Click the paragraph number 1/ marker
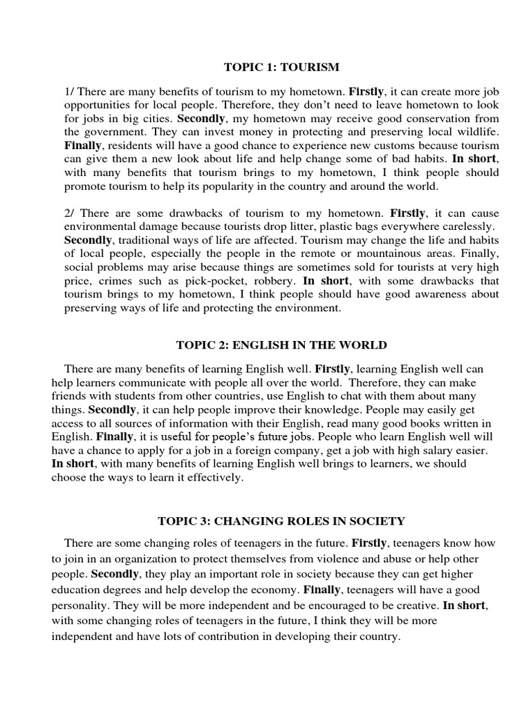tap(69, 90)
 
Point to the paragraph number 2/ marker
tap(69, 213)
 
